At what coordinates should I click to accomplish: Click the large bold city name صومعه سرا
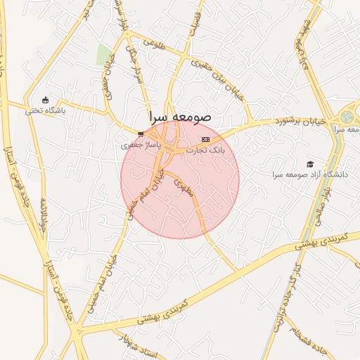(179, 117)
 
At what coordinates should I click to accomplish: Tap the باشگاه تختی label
(45, 110)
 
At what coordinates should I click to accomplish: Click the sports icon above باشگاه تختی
(46, 100)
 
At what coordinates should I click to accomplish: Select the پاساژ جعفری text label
(141, 144)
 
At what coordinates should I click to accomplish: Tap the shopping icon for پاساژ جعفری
(141, 133)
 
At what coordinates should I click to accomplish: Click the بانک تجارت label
(205, 150)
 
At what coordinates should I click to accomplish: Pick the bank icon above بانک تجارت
(205, 139)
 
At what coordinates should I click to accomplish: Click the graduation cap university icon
(310, 163)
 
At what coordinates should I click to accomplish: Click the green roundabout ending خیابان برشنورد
(347, 116)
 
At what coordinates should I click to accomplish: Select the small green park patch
(103, 54)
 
